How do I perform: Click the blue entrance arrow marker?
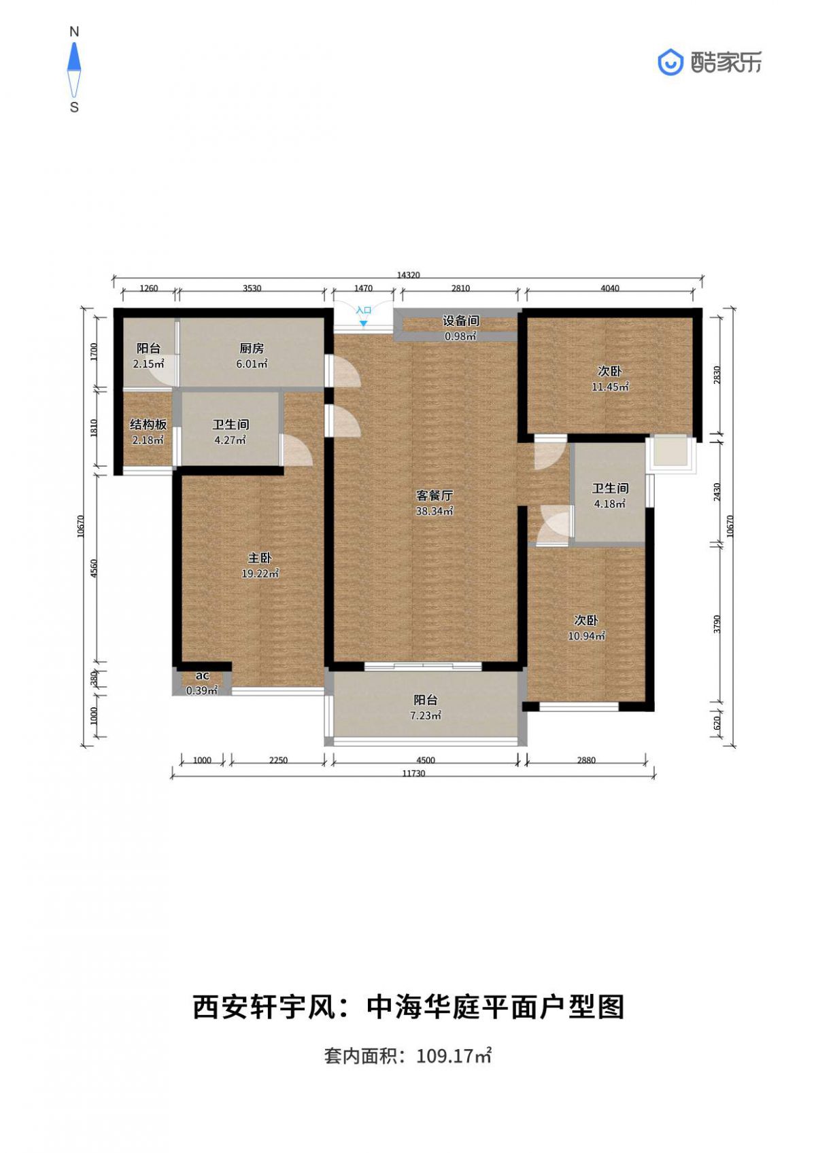364,323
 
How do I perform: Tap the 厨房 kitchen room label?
252,349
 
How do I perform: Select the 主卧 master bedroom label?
260,558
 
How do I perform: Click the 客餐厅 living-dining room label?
435,496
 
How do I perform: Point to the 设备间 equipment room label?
460,321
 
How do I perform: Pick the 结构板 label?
148,425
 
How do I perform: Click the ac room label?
202,676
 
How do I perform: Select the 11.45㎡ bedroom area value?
610,387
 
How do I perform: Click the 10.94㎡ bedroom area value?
586,636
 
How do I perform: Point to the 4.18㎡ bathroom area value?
610,504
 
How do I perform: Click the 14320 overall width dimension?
408,275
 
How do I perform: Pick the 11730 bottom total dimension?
413,774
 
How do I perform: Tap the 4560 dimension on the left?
93,568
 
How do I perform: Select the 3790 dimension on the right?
717,624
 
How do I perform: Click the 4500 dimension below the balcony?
426,760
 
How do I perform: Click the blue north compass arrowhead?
75,56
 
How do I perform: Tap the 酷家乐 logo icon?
670,63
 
